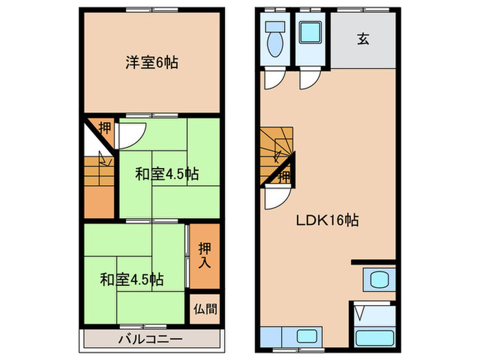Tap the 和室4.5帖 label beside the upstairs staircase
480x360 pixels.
pyautogui.click(x=167, y=174)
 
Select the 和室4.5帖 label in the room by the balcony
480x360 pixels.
pyautogui.click(x=132, y=279)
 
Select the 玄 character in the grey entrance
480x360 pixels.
pyautogui.click(x=363, y=39)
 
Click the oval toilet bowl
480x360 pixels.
pyautogui.click(x=275, y=45)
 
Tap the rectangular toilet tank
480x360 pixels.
pyautogui.click(x=275, y=27)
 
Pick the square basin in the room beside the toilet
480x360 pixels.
pyautogui.click(x=313, y=33)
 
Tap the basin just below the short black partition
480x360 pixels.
pyautogui.click(x=379, y=280)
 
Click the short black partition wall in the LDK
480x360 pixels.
pyautogui.click(x=374, y=262)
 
